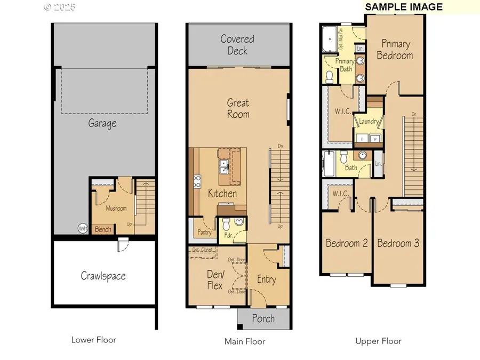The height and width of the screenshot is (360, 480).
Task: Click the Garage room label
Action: pyautogui.click(x=102, y=124)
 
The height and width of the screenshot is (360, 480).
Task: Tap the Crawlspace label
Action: pyautogui.click(x=103, y=276)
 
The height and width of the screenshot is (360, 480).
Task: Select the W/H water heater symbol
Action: pyautogui.click(x=83, y=228)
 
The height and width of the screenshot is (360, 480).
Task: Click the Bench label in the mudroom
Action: pyautogui.click(x=103, y=229)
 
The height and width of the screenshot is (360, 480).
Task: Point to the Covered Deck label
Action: pyautogui.click(x=237, y=45)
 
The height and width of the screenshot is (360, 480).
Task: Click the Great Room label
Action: pyautogui.click(x=238, y=108)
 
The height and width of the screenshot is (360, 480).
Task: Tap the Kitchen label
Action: pyautogui.click(x=222, y=193)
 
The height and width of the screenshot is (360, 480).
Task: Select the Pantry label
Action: pyautogui.click(x=204, y=233)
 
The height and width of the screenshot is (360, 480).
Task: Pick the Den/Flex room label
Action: pyautogui.click(x=214, y=280)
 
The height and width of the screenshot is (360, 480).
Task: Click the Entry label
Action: pyautogui.click(x=266, y=279)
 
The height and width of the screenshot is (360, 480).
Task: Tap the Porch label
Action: pyautogui.click(x=263, y=318)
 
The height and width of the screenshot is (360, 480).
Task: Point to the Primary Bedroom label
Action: pyautogui.click(x=395, y=50)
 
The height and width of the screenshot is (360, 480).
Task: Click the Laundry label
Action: pyautogui.click(x=369, y=122)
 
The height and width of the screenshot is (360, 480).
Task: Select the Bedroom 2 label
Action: pyautogui.click(x=347, y=243)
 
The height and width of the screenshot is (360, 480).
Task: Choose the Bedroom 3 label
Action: pyautogui.click(x=398, y=243)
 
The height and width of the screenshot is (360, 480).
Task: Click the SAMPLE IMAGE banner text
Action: pyautogui.click(x=403, y=7)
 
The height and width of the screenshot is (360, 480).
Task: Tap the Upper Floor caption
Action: pyautogui.click(x=378, y=341)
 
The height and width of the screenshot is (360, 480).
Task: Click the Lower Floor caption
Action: pyautogui.click(x=93, y=340)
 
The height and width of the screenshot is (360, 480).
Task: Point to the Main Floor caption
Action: pyautogui.click(x=244, y=341)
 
